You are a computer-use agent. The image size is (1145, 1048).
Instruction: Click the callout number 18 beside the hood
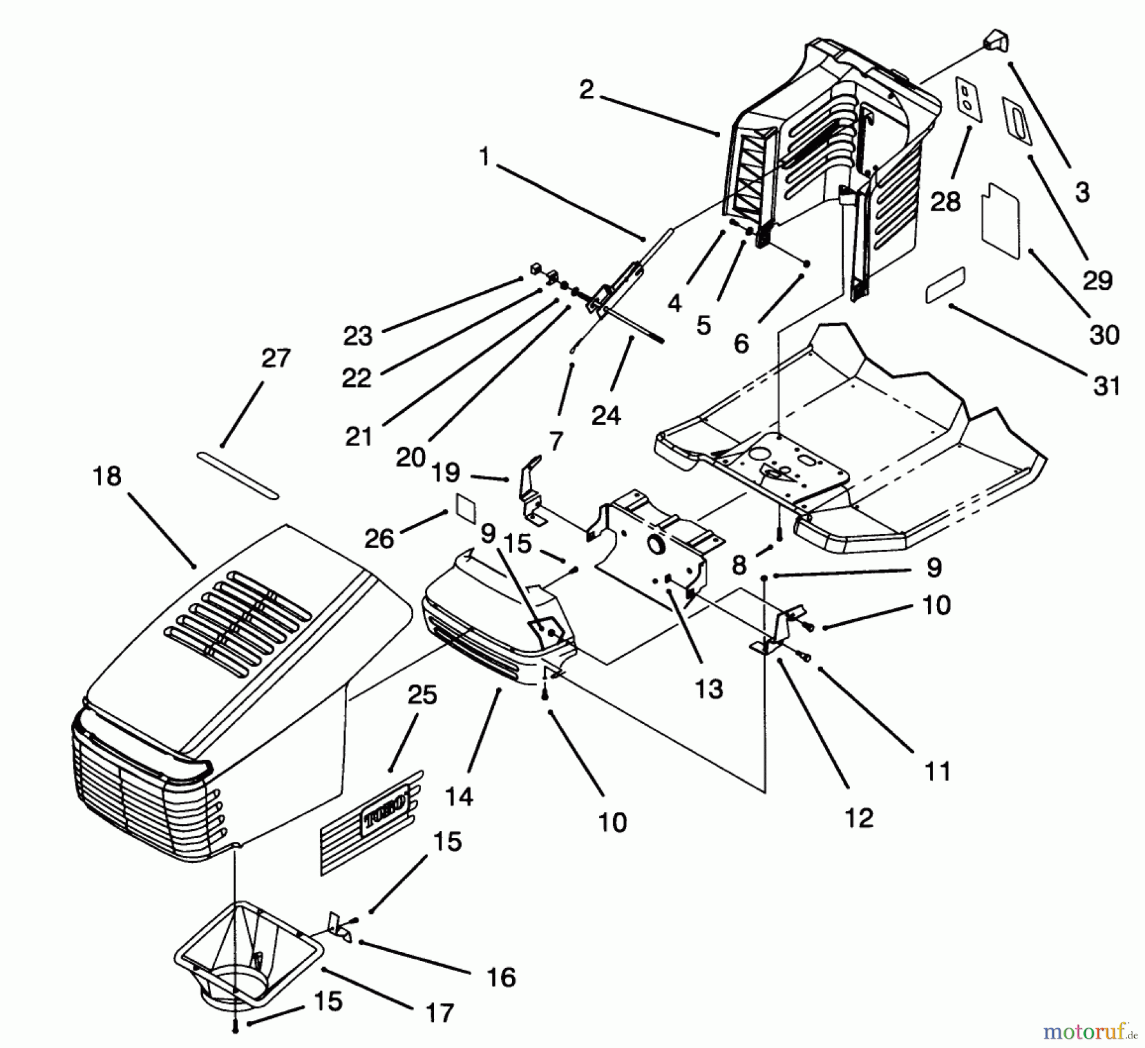(x=106, y=476)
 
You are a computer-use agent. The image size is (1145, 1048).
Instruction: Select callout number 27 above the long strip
(x=275, y=358)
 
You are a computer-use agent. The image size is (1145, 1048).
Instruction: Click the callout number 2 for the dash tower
(x=586, y=90)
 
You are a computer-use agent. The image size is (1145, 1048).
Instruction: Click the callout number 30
(x=1104, y=335)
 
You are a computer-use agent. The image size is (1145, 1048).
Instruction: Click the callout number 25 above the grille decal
(x=422, y=695)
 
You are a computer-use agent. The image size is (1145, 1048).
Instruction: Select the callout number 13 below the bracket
(x=709, y=688)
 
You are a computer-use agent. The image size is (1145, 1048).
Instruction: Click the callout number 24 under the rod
(x=605, y=416)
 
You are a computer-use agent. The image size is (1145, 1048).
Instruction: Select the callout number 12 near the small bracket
(x=858, y=818)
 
